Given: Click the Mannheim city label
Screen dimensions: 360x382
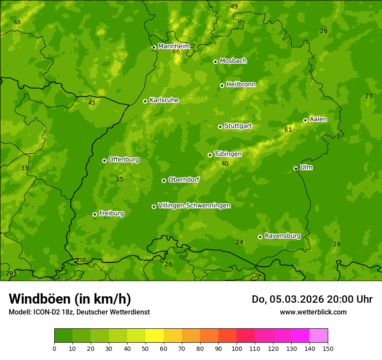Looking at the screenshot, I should (x=174, y=46).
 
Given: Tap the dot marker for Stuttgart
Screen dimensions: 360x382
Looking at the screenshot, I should (x=220, y=127).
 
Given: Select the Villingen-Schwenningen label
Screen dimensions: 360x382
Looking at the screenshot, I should (x=194, y=206).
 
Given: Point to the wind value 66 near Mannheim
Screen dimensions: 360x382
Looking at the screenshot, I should (x=176, y=52).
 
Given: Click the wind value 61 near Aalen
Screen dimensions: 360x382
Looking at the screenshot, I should (x=288, y=130).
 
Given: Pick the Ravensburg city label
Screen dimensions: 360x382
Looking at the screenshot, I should (x=282, y=236).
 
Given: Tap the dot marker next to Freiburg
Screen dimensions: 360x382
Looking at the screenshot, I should (x=95, y=214).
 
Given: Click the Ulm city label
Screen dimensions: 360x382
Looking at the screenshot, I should (x=306, y=167).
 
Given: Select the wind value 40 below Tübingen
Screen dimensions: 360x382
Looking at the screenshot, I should (x=225, y=164).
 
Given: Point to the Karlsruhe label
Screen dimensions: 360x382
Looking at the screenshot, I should (x=164, y=100).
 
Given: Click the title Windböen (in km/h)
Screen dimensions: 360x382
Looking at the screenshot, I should (x=70, y=299).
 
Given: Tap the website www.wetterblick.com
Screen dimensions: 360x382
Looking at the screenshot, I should (x=313, y=312).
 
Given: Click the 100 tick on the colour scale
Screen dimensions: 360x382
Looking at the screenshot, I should (x=237, y=348).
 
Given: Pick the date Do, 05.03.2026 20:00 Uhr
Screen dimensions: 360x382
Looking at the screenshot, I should (x=312, y=299).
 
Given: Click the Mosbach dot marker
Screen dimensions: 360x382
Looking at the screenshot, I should (x=215, y=62).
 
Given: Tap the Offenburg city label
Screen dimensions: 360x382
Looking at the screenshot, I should (x=124, y=160).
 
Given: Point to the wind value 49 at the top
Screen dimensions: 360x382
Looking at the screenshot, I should (x=234, y=7).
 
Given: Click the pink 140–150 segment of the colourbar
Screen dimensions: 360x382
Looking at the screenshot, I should (x=319, y=335).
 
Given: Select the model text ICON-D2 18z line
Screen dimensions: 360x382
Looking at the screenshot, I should (x=79, y=312).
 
